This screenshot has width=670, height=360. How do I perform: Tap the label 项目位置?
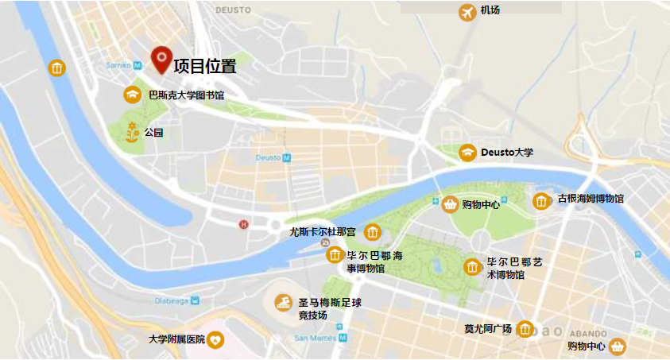[x=205, y=67]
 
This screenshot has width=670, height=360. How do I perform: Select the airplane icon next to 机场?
[x=467, y=12]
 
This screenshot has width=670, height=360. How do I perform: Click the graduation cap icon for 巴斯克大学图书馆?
[x=132, y=95]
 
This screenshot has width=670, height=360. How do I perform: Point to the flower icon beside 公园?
[x=132, y=133]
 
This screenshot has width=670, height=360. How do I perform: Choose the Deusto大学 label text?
[x=507, y=152]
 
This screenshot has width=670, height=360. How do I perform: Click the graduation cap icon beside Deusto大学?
[x=468, y=152]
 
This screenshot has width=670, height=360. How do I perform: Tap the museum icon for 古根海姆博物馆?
[x=542, y=201]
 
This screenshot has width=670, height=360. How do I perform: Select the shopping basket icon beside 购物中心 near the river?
[x=451, y=204]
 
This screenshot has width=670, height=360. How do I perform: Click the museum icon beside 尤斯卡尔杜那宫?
[x=372, y=233]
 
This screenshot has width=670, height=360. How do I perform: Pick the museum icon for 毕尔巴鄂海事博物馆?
[x=335, y=256]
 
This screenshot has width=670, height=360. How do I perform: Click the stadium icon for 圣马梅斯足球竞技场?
[x=284, y=303]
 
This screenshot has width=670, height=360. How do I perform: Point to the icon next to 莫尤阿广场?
[x=525, y=329]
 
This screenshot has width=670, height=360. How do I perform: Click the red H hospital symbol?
[x=244, y=224]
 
